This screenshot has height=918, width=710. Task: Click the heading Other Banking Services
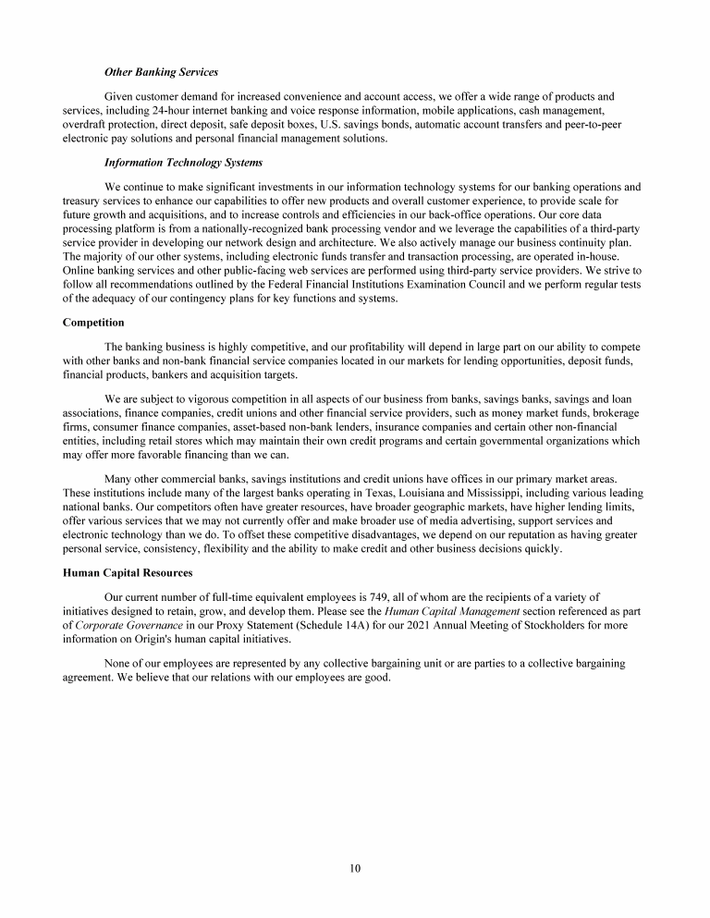[x=162, y=72]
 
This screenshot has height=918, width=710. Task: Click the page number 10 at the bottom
[x=355, y=868]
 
